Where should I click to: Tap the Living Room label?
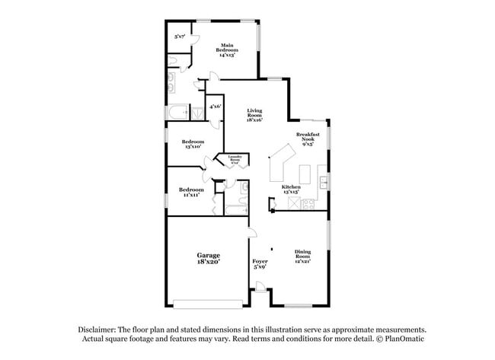tap(254, 114)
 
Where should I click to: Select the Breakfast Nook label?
tap(308, 139)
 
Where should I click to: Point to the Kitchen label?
tap(291, 189)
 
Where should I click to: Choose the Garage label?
tap(208, 257)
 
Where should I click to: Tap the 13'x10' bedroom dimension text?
tap(193, 146)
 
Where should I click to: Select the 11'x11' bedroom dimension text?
tap(191, 195)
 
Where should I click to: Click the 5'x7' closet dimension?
tap(180, 36)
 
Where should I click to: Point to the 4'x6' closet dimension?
tap(216, 107)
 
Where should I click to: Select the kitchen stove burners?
tap(308, 204)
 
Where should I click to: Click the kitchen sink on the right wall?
tap(324, 183)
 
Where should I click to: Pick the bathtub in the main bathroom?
tap(177, 115)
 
